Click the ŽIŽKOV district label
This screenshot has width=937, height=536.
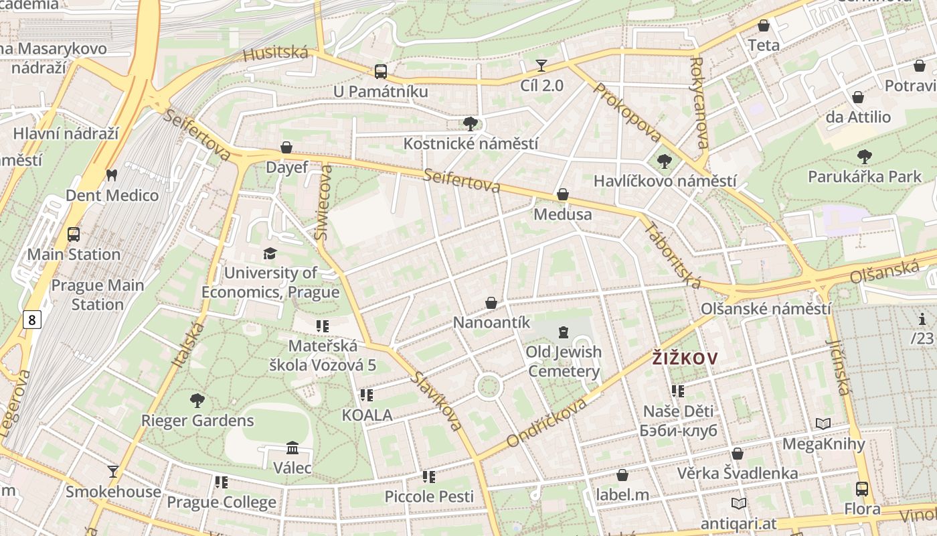point(684,358)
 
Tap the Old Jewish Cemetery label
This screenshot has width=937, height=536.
point(564,362)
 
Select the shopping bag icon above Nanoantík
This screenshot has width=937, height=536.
point(491,303)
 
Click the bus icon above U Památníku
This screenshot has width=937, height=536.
point(380,71)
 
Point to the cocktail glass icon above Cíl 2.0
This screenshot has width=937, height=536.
point(541,66)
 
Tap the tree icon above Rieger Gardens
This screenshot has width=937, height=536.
point(197,401)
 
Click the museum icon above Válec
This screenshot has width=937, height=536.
point(292,448)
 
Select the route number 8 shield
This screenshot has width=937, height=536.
point(31,320)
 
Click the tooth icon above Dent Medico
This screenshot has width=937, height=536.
point(112,176)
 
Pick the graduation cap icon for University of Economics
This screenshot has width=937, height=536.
point(270,253)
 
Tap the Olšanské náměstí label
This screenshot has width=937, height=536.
point(766,309)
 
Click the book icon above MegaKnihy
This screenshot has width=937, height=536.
point(823,424)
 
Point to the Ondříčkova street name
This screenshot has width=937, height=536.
point(547,422)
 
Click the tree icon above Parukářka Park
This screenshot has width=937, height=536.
point(865,157)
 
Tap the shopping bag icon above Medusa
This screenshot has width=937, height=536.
point(563,194)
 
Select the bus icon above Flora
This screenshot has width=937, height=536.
point(862,489)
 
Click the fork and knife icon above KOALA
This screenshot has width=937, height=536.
point(367,395)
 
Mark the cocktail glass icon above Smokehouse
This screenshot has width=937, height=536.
point(113,472)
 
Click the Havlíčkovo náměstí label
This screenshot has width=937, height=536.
point(665,181)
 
